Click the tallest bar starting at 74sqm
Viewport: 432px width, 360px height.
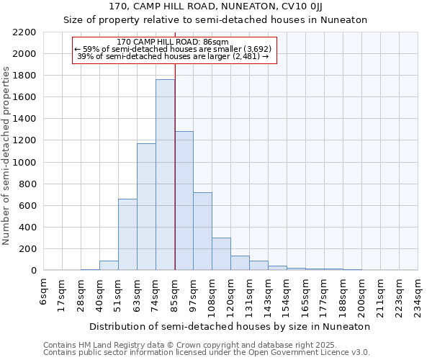pos(165,175)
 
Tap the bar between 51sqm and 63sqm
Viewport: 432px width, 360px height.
pos(127,234)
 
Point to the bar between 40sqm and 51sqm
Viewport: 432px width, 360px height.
pos(109,265)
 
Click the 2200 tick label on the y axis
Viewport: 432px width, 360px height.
pos(24,32)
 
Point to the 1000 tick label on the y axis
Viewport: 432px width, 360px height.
pos(24,163)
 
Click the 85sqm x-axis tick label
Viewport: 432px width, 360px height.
pos(175,294)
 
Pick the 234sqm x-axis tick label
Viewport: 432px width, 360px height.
pos(418,296)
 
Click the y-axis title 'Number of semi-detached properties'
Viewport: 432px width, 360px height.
pos(6,156)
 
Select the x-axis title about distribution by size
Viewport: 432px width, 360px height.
pos(230,326)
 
